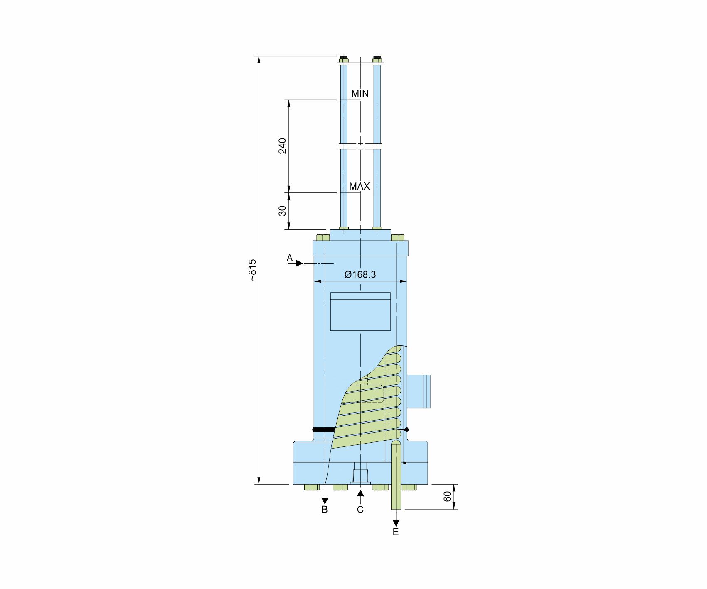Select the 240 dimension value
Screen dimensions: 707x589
283,145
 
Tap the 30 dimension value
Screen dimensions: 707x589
283,211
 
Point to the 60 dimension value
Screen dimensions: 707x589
448,496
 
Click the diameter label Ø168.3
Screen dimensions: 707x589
360,274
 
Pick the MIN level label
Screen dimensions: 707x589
360,94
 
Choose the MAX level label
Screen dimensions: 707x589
360,186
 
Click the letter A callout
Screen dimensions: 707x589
290,258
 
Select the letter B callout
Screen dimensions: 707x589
325,510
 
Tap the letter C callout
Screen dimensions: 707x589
360,510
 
